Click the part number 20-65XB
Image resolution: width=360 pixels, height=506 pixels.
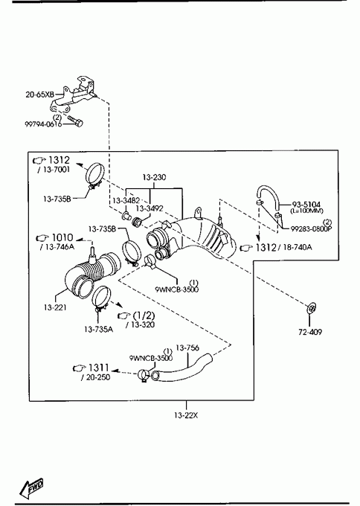click(39, 95)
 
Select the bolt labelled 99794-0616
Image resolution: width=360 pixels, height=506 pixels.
click(75, 121)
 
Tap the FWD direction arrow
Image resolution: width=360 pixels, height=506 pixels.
click(31, 487)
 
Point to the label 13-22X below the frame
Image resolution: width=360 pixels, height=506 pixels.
click(186, 415)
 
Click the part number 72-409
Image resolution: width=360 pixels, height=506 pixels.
click(310, 332)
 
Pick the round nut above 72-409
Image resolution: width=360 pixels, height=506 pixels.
click(312, 308)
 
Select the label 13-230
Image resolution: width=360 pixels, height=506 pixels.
click(154, 177)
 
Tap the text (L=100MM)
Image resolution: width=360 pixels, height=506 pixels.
click(306, 211)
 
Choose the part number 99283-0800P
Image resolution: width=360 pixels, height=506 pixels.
click(312, 228)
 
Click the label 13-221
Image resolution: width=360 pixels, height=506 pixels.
click(55, 307)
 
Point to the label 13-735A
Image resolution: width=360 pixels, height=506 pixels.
click(99, 329)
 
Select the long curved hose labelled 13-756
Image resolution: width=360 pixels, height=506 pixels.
click(181, 368)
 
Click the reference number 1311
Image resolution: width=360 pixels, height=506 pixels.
click(99, 368)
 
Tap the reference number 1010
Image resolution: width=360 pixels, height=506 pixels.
click(62, 237)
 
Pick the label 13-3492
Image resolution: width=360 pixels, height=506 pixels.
click(150, 208)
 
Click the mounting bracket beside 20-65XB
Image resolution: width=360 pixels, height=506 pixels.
click(73, 95)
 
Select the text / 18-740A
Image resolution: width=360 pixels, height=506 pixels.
click(297, 247)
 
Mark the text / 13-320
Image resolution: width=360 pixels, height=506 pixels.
click(140, 324)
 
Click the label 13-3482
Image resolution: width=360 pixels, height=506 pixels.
click(126, 200)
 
